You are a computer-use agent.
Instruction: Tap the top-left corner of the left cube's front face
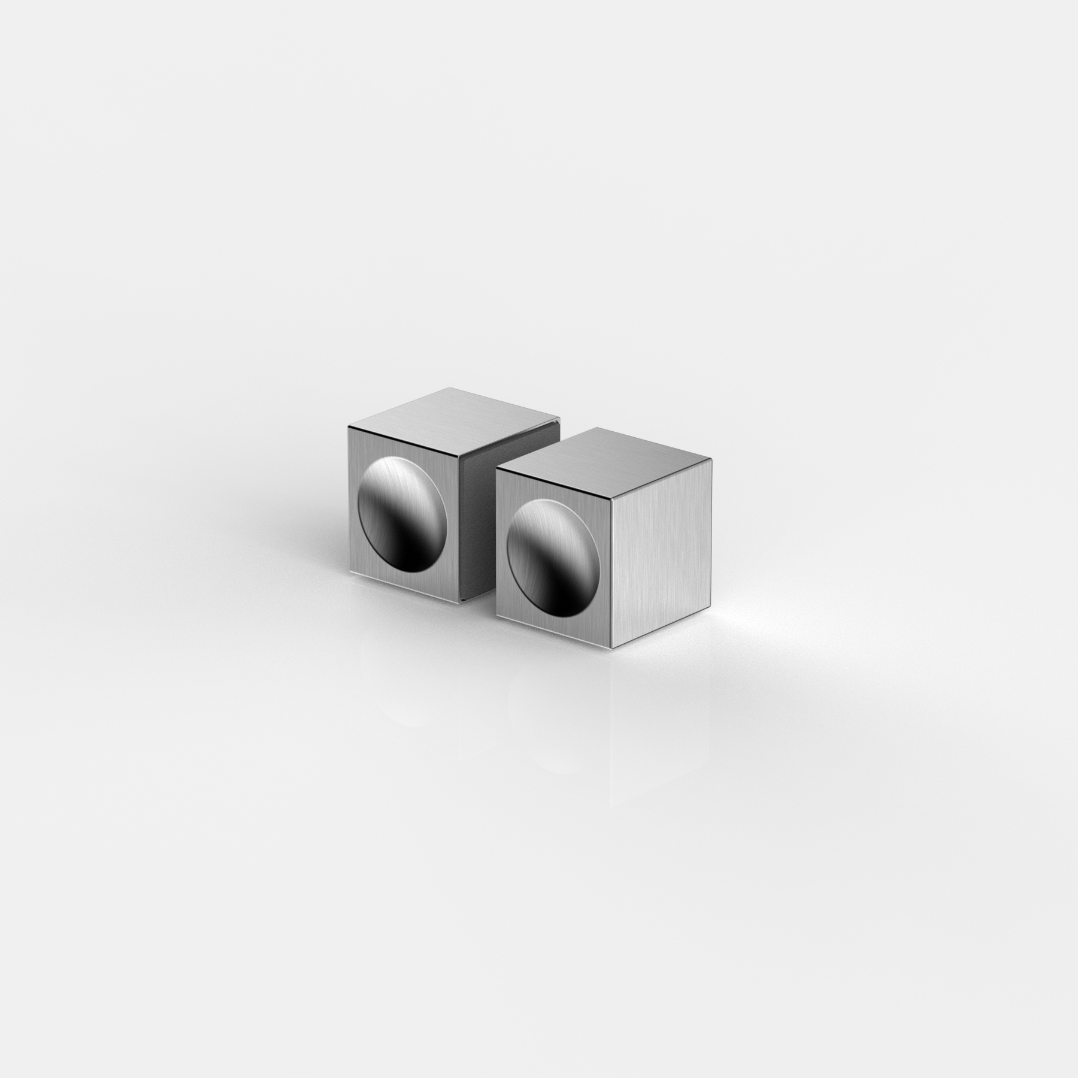(349, 426)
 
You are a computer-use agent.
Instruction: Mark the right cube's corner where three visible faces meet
(612, 499)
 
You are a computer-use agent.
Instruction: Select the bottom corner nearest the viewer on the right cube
(611, 647)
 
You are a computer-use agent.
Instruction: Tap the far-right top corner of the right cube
(711, 459)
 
